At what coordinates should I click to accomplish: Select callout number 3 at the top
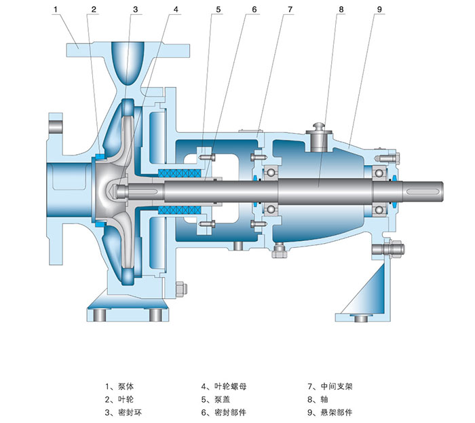pyautogui.click(x=135, y=10)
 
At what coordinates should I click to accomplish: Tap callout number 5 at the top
pyautogui.click(x=219, y=10)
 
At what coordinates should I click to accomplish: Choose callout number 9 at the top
pyautogui.click(x=379, y=10)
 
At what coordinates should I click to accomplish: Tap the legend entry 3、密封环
pyautogui.click(x=123, y=412)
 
